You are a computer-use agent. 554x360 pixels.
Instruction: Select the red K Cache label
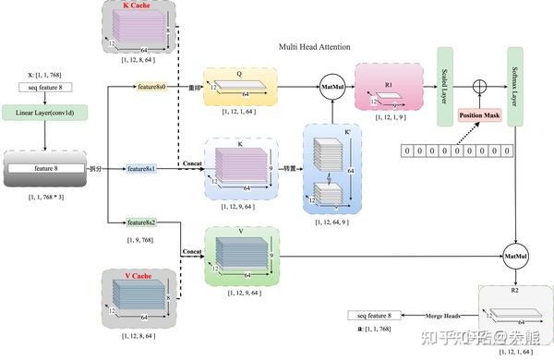point(138,6)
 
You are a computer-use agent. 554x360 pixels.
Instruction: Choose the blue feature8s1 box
point(142,170)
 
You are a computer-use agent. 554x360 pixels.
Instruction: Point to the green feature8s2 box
point(142,223)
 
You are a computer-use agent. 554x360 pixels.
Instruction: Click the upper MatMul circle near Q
point(332,88)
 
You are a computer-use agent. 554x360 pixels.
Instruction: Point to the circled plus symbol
point(479,86)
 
